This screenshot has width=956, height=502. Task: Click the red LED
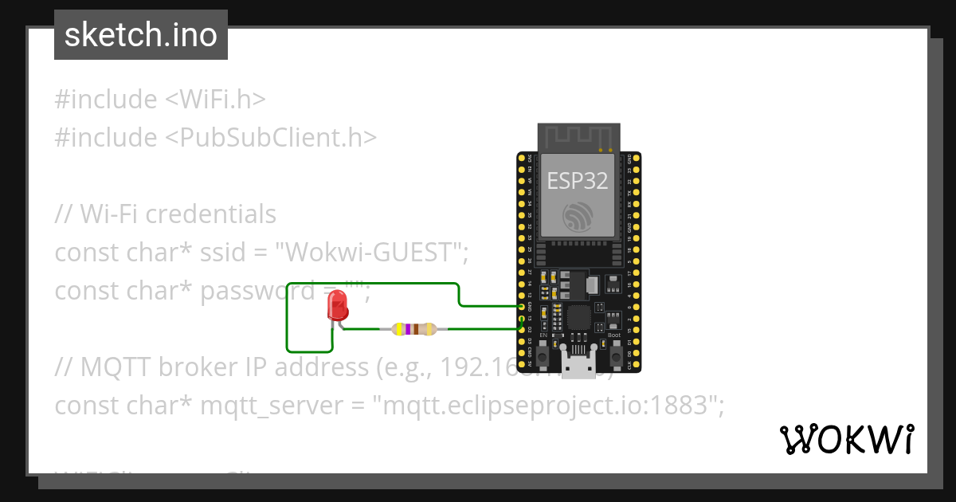click(x=338, y=305)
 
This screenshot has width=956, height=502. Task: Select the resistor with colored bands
click(x=413, y=328)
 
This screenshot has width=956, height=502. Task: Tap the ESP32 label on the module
click(x=578, y=181)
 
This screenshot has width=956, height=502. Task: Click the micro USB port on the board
click(x=578, y=366)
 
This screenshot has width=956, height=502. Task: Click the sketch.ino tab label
click(x=141, y=35)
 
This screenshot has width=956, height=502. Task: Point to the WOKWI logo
click(x=846, y=439)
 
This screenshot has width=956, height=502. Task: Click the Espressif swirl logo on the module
click(x=578, y=216)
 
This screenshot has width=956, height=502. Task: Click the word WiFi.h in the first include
click(x=222, y=100)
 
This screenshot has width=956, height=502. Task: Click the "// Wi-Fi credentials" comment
click(x=166, y=214)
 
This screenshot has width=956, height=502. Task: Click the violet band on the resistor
click(x=408, y=328)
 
